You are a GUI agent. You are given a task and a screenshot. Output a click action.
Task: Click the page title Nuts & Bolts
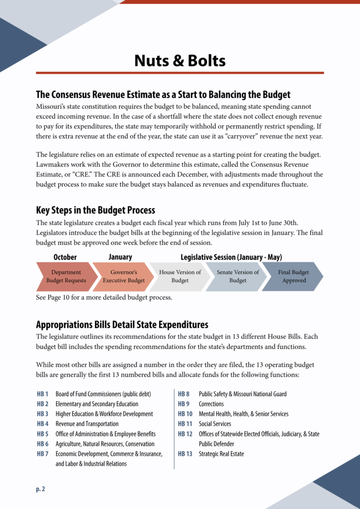(180, 61)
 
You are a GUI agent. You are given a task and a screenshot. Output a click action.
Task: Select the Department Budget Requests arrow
(66, 276)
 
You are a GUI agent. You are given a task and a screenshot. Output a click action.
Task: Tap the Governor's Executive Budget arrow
(123, 276)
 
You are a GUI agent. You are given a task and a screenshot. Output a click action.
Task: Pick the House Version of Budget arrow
(180, 276)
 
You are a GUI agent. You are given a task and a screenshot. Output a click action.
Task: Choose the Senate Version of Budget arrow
(237, 276)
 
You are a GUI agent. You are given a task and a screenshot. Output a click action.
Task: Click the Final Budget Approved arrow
(293, 276)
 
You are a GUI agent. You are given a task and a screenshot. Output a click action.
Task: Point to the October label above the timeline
(65, 257)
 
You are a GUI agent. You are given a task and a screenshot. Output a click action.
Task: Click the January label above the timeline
(120, 257)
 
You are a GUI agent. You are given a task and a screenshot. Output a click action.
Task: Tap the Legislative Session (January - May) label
(231, 257)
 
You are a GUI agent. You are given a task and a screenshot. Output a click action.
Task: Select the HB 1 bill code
(43, 394)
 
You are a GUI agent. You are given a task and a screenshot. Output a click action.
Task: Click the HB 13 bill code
(185, 454)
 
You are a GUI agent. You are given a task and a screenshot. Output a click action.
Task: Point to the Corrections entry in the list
(211, 404)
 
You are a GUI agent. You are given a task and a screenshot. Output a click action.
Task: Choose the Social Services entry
(215, 424)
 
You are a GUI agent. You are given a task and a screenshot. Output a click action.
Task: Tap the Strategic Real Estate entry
(221, 454)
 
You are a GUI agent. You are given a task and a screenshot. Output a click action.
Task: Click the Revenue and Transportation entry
(87, 424)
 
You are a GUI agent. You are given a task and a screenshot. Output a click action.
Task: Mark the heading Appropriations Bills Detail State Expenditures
(122, 325)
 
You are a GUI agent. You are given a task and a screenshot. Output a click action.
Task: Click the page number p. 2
(40, 489)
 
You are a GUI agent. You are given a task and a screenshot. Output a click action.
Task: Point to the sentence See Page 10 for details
(104, 298)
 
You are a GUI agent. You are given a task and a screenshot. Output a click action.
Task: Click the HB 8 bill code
(183, 394)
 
